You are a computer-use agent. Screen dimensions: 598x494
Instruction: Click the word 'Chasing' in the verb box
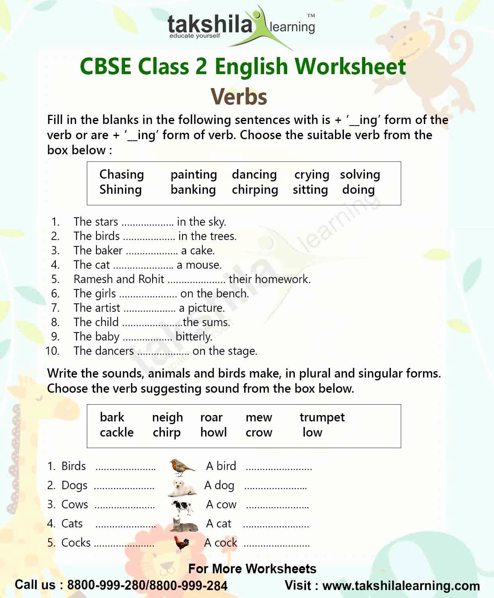tap(122, 174)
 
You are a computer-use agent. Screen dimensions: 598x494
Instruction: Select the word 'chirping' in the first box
tap(255, 190)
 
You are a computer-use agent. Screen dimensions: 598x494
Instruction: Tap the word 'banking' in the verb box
tap(193, 190)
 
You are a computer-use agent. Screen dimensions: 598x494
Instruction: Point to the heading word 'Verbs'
tap(239, 97)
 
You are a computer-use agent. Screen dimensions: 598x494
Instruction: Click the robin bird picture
tap(182, 467)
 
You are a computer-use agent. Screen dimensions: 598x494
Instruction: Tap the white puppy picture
tap(182, 487)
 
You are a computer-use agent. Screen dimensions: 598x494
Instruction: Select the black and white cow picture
tap(182, 506)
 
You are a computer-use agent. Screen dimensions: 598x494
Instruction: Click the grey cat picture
tap(183, 525)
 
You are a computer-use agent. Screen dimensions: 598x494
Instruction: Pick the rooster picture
tap(182, 543)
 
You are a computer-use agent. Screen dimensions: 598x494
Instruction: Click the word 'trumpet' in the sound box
tap(322, 417)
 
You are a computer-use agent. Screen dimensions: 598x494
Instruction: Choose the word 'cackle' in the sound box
tap(117, 433)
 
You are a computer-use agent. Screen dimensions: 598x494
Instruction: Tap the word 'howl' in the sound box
tap(214, 433)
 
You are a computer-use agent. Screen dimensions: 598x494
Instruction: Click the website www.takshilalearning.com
tap(401, 586)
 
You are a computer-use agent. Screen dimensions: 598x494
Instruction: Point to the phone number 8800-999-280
tap(107, 585)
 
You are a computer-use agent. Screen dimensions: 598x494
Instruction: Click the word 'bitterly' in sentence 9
tap(194, 337)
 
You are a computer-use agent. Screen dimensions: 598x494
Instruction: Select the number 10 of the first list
tap(52, 351)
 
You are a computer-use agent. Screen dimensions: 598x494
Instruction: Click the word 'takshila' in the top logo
tap(210, 25)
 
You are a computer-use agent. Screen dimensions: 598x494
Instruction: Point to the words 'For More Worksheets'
tap(252, 568)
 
